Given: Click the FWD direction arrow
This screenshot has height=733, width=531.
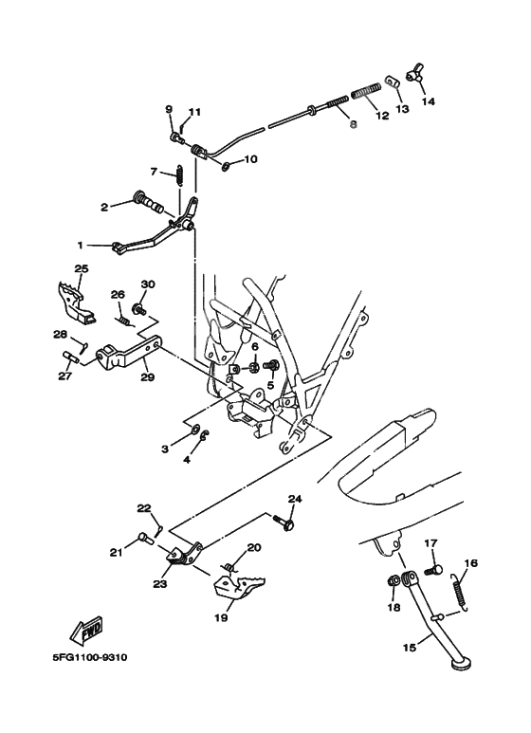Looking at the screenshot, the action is coord(86,630).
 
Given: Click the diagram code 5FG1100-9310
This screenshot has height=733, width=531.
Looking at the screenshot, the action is coord(90,658).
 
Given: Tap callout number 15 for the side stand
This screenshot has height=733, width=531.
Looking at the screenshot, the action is coord(409,648).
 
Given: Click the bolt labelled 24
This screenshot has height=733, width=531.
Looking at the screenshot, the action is coord(284,522).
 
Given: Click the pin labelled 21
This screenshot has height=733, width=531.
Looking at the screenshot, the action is coord(145,539).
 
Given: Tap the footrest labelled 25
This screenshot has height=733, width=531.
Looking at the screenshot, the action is coord(77,302).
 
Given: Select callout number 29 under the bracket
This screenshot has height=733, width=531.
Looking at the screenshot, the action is coord(148,376).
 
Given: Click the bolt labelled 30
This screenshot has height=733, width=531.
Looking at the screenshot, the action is coord(138,308).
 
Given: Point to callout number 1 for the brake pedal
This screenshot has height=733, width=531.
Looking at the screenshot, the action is coord(80,245).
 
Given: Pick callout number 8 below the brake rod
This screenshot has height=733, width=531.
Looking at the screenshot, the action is coord(354,124).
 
